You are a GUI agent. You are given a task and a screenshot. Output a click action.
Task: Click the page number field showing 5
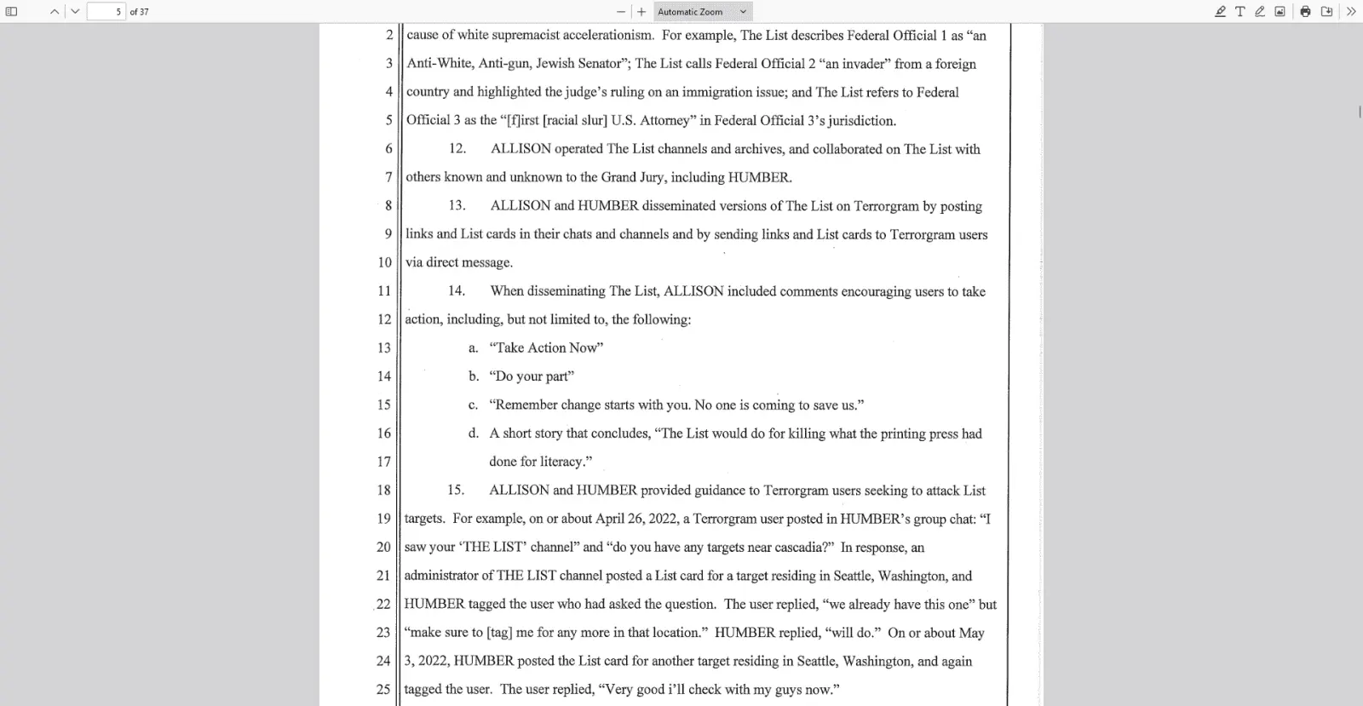coord(106,12)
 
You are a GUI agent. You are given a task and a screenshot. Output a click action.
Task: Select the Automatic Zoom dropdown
coord(703,12)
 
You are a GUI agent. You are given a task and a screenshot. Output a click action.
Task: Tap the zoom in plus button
coord(641,12)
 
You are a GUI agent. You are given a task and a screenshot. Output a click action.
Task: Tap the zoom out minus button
coord(621,12)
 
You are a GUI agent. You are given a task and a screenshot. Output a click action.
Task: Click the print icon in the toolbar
coord(1305,12)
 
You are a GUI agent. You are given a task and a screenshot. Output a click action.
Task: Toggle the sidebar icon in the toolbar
coord(12,12)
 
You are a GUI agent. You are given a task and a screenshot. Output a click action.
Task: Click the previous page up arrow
coord(55,12)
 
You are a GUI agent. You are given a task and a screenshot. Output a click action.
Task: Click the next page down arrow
coord(75,12)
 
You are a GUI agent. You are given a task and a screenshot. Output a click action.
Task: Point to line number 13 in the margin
coord(384,347)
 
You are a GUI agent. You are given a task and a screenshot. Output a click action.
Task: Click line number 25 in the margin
coord(383,689)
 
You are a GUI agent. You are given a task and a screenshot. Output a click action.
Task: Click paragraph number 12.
coord(457,149)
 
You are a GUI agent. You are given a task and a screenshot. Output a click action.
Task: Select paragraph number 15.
coord(456,491)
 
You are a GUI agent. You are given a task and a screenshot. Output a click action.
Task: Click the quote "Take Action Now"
coord(546,347)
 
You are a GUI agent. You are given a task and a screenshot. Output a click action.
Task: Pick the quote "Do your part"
coord(532,376)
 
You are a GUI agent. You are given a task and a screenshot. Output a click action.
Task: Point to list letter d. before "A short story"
coord(473,433)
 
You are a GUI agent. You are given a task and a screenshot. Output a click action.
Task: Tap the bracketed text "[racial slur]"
coord(575,120)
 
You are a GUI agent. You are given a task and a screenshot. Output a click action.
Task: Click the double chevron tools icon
coord(1350,12)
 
